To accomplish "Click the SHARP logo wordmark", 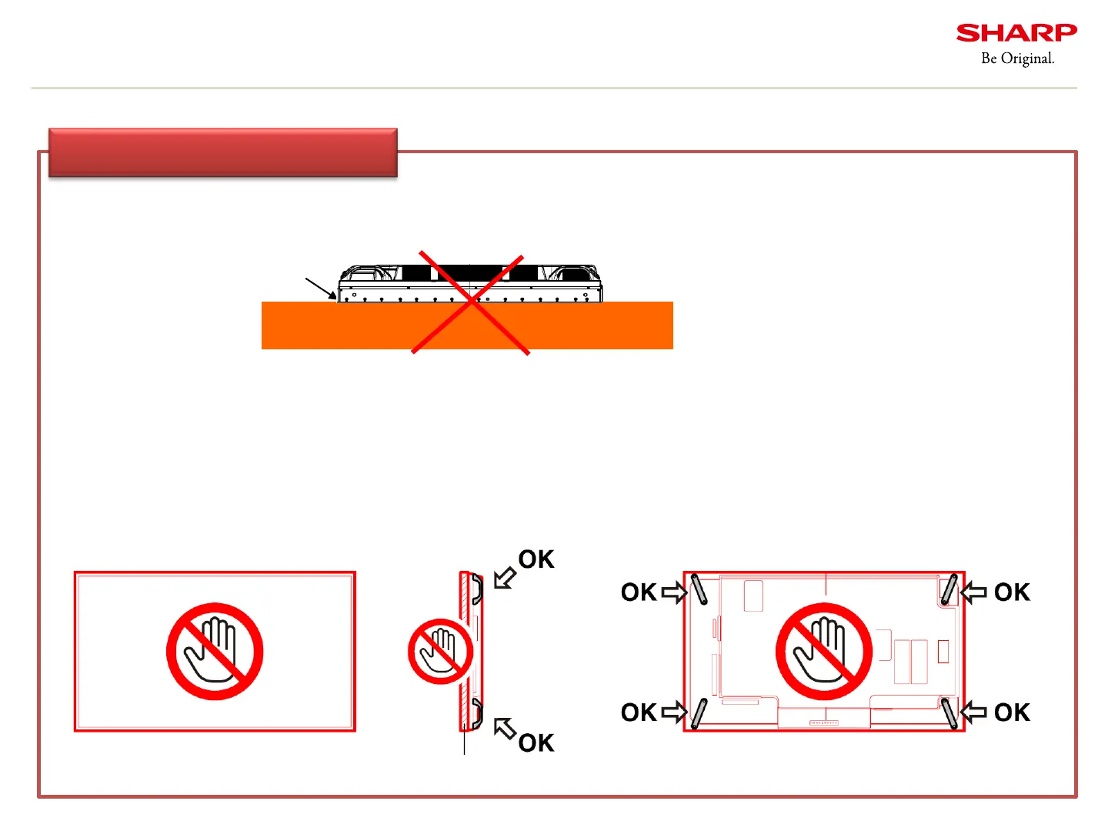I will pyautogui.click(x=1016, y=33).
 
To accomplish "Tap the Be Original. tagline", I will pyautogui.click(x=1017, y=58).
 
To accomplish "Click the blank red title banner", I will pyautogui.click(x=223, y=152).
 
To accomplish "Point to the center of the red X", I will pyautogui.click(x=471, y=303).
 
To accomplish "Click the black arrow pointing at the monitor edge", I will pyautogui.click(x=321, y=289).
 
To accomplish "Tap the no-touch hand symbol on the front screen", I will pyautogui.click(x=215, y=651).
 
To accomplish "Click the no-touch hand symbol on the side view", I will pyautogui.click(x=441, y=651).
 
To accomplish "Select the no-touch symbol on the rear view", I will pyautogui.click(x=823, y=651).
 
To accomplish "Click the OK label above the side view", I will pyautogui.click(x=536, y=559).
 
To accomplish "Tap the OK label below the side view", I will pyautogui.click(x=536, y=743).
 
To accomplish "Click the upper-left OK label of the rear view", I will pyautogui.click(x=639, y=592).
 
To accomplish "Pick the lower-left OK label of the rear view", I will pyautogui.click(x=639, y=713).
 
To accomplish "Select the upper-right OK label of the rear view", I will pyautogui.click(x=1012, y=592).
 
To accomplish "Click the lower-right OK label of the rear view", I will pyautogui.click(x=1012, y=713).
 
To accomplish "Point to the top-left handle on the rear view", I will pyautogui.click(x=699, y=589).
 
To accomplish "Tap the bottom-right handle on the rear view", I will pyautogui.click(x=949, y=713).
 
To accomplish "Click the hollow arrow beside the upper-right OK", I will pyautogui.click(x=974, y=592).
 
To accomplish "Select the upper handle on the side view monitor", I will pyautogui.click(x=477, y=589).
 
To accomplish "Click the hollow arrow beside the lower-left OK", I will pyautogui.click(x=673, y=713).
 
